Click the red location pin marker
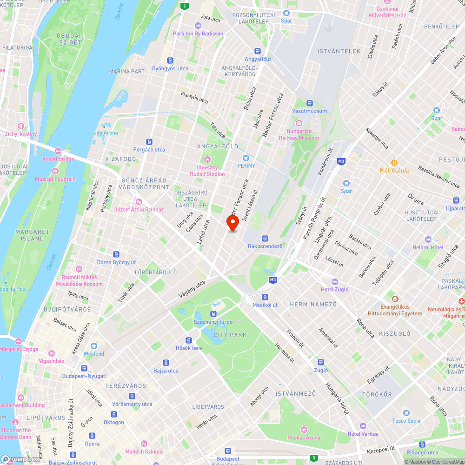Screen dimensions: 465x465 [x=232, y=222]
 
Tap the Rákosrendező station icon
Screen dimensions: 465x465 [x=265, y=238]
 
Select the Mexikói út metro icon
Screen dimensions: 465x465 [x=265, y=297]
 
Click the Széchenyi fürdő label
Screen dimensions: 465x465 [x=213, y=322]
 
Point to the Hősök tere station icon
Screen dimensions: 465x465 [x=188, y=340]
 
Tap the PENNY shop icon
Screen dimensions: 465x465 [x=246, y=158]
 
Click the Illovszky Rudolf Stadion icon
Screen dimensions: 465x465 [x=207, y=166]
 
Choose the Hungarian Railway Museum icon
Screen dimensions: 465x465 [x=299, y=124]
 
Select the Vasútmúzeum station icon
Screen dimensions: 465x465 [x=309, y=103]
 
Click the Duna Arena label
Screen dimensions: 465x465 [x=104, y=133]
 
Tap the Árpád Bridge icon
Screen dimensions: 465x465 [x=59, y=151]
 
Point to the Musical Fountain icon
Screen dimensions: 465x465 [x=55, y=172]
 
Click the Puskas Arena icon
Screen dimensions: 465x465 [x=304, y=430]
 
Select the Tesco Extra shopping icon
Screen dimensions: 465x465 [x=406, y=413]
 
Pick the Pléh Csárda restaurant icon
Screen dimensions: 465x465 [x=394, y=163]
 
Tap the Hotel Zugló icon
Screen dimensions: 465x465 [x=334, y=282]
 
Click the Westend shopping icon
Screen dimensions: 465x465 [x=94, y=346]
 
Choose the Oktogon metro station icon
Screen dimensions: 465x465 [x=114, y=414]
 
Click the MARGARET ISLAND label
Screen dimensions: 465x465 [x=32, y=235]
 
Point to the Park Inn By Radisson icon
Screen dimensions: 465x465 [x=198, y=26]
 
